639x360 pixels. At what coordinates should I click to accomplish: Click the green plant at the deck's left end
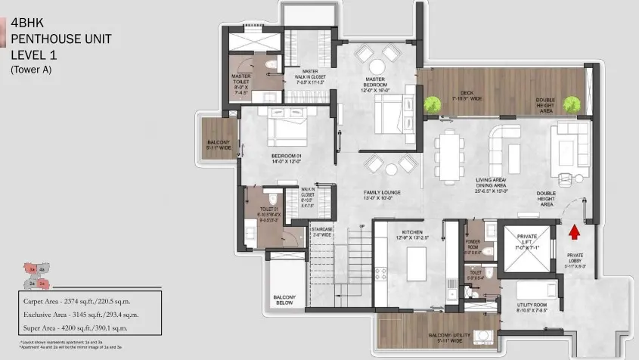click(x=433, y=104)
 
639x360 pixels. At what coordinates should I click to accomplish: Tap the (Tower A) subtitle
click(x=35, y=69)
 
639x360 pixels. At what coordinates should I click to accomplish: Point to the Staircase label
click(x=321, y=231)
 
